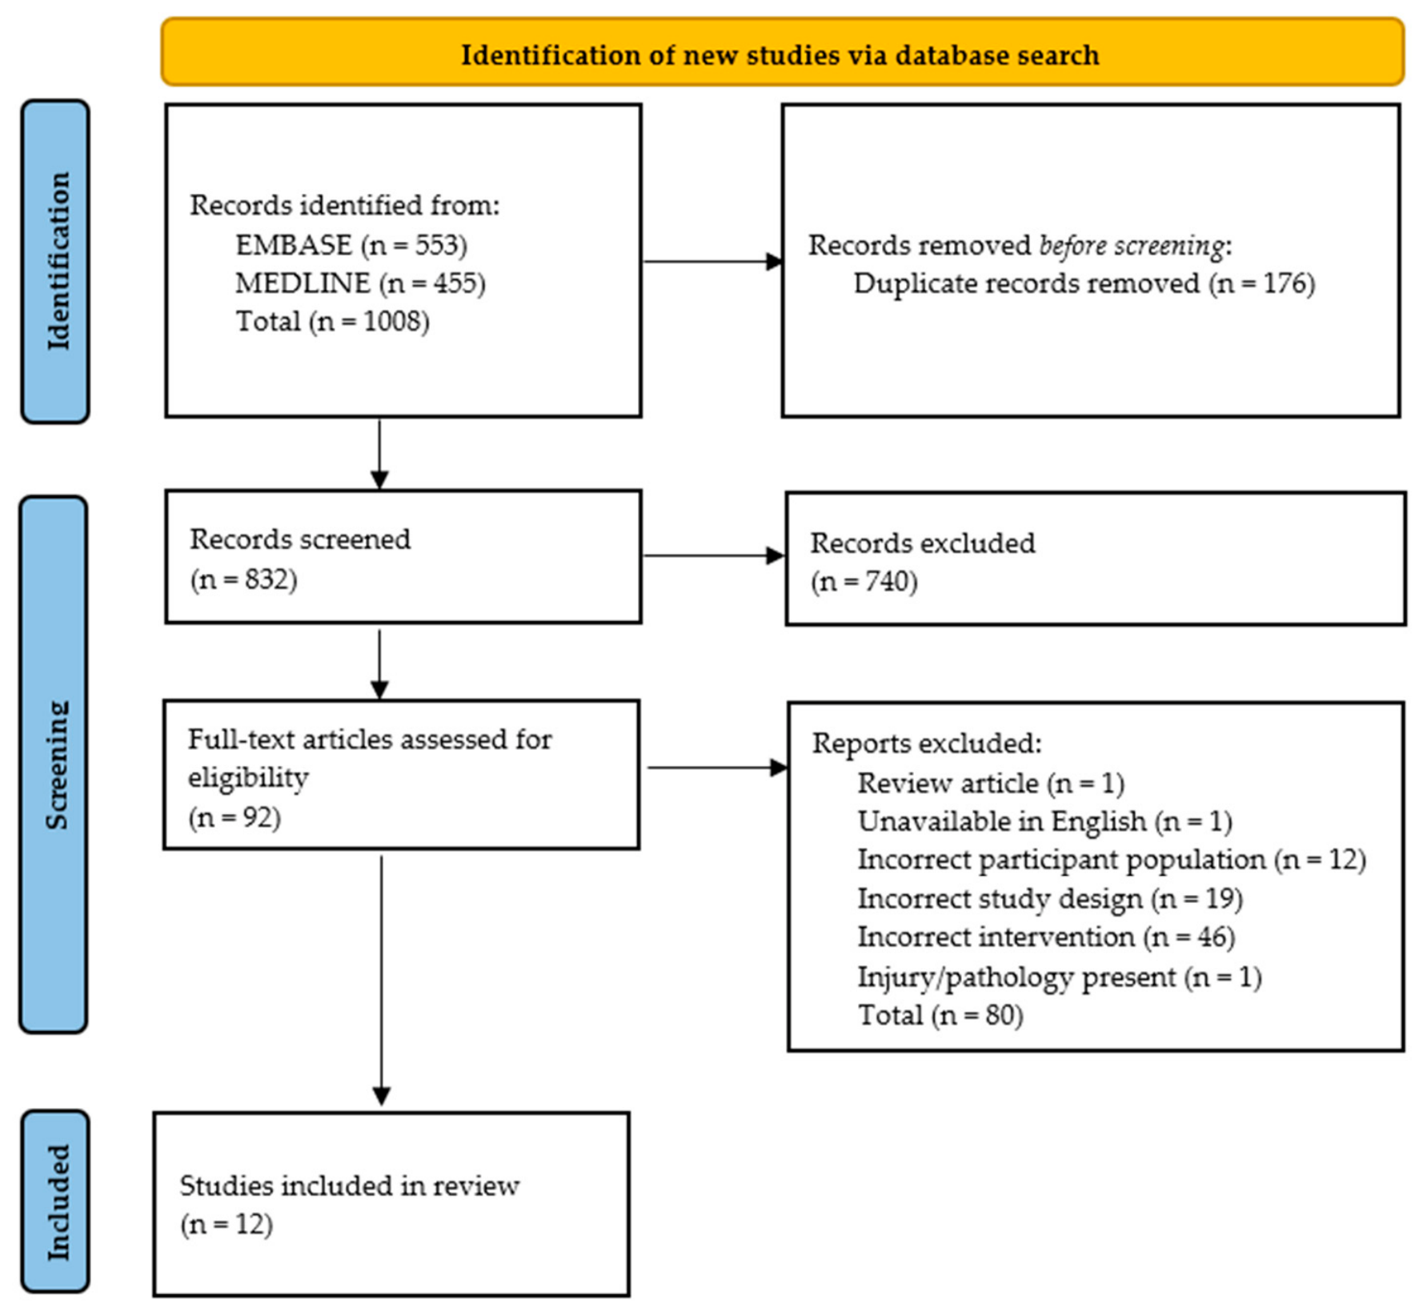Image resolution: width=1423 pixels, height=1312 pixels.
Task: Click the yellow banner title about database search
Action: coord(780,55)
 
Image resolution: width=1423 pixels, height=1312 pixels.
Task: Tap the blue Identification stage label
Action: coord(55,261)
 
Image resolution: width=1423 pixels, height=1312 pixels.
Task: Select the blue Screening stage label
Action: coord(54,764)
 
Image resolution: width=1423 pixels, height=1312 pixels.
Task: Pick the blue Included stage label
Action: coord(55,1202)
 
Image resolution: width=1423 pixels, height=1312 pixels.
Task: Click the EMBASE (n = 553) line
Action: coord(351,245)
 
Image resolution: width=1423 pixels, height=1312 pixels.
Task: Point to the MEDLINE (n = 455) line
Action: coord(360,283)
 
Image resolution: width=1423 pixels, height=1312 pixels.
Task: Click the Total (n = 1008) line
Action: coord(332,322)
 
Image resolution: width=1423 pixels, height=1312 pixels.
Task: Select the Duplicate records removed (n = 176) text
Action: coord(1084,284)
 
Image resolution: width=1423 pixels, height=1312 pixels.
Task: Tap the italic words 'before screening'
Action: coord(1132,246)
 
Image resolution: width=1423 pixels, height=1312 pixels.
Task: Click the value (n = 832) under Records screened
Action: coord(243,579)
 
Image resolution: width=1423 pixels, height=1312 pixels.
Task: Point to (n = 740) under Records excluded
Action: coord(864,581)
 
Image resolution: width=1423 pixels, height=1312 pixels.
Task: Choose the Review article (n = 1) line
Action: coord(991,783)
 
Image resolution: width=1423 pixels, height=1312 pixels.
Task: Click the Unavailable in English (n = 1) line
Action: coord(1044,822)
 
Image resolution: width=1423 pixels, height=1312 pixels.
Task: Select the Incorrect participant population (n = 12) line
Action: coord(1112,861)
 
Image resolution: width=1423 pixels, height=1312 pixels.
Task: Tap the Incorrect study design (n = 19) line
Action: coord(1050,899)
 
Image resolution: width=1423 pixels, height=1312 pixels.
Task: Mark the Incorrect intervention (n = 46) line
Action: coord(1046,937)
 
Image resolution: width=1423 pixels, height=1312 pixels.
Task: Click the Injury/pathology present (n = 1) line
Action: coord(1060,977)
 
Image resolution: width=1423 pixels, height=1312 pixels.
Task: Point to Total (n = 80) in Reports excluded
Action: coord(940,1016)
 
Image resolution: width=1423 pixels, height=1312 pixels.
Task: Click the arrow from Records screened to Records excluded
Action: coord(714,556)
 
